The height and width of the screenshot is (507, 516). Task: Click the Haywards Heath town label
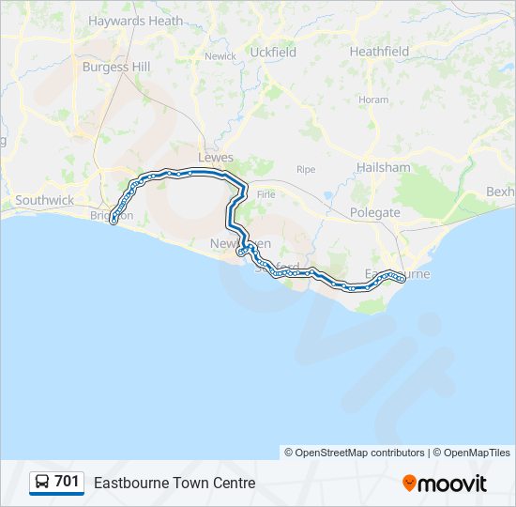tap(135, 21)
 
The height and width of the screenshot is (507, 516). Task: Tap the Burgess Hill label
tap(116, 67)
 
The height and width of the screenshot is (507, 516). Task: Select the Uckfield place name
tap(273, 53)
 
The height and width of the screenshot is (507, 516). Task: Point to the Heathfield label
tap(379, 52)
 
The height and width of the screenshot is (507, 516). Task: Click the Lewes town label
tap(216, 158)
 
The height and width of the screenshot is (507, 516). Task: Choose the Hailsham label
tap(383, 167)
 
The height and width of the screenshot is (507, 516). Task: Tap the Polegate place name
tap(375, 212)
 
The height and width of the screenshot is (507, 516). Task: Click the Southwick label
tap(44, 200)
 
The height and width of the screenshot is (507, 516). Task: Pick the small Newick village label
tap(220, 56)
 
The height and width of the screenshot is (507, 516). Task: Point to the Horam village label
tap(373, 100)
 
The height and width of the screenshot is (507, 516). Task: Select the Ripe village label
tap(306, 170)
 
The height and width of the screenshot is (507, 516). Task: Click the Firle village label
tap(266, 192)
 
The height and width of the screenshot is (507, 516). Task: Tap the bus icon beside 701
tap(42, 483)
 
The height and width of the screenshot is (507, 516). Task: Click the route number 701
tap(67, 482)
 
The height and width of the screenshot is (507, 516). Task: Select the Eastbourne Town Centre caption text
tap(174, 483)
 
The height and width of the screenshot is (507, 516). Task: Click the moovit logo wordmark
tap(452, 484)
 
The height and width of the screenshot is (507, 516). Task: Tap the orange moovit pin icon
tap(409, 483)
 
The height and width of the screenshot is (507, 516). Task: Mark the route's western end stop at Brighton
tap(114, 222)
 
